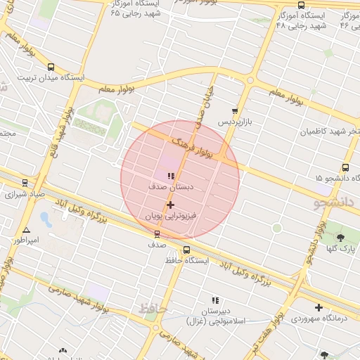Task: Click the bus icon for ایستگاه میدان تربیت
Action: coord(51,67)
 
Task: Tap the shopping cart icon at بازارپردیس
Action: coord(235,111)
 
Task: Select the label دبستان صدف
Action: coord(166,188)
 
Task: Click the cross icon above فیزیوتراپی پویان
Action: coord(170,205)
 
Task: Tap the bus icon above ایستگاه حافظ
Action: coord(186,250)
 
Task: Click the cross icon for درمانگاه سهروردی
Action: coord(319,307)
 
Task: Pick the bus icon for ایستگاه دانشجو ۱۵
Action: coord(345,167)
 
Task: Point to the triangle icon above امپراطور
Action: coord(26,230)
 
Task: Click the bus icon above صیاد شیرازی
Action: coord(25,183)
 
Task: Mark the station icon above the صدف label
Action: coord(157,235)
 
